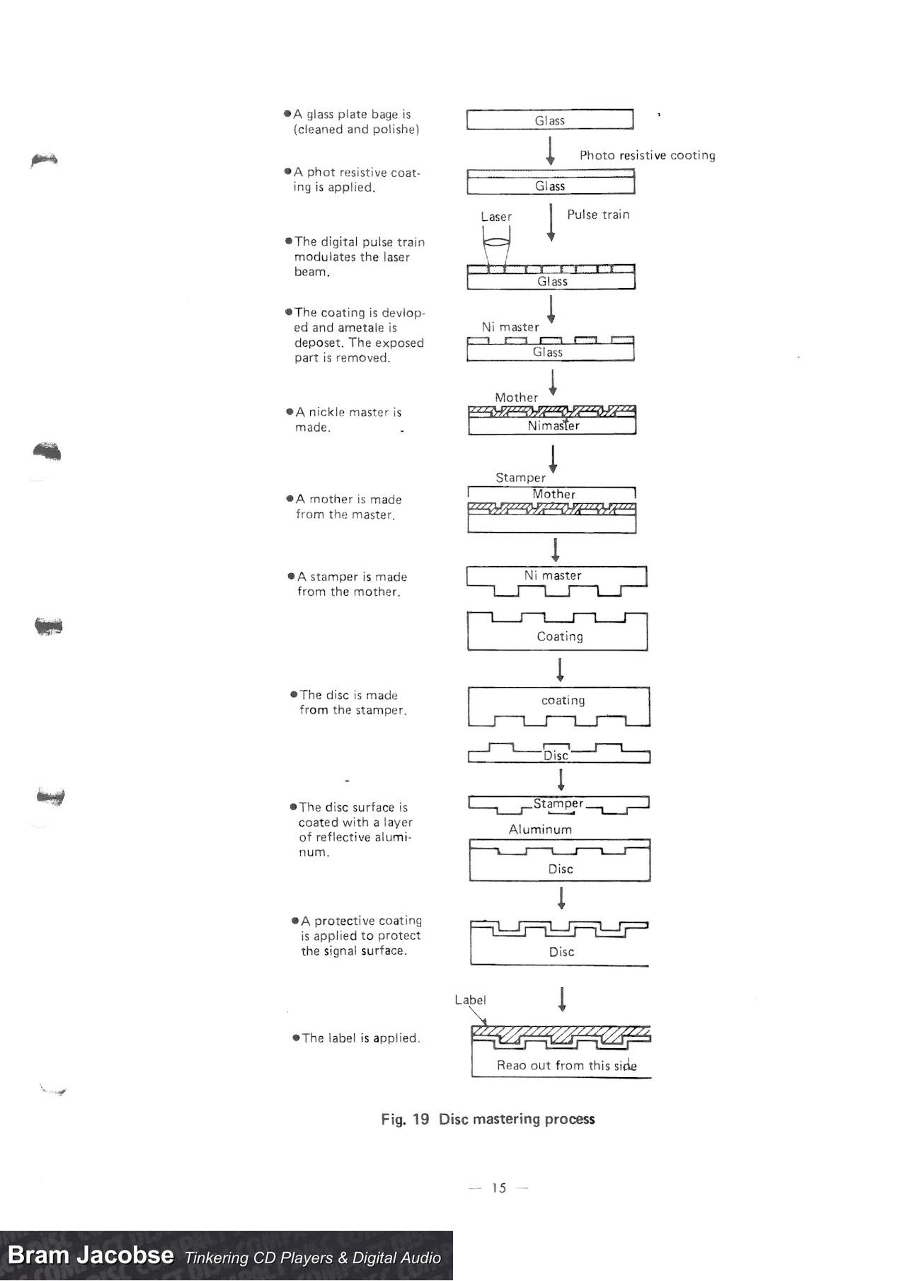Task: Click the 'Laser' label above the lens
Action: coord(495,217)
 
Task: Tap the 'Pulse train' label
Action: coord(598,214)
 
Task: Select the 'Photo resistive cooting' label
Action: coord(647,155)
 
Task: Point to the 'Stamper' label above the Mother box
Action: coord(520,478)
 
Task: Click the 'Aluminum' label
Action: coord(540,829)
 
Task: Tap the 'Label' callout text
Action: coord(470,1000)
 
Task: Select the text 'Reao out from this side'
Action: coord(566,1065)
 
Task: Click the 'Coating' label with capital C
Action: coord(560,636)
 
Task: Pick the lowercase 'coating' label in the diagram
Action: coord(563,700)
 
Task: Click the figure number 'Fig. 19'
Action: coord(405,1119)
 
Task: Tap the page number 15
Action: coord(499,1188)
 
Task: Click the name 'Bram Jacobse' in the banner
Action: coord(91,1255)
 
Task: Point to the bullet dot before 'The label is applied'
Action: coord(296,1038)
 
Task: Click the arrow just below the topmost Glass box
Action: coord(551,150)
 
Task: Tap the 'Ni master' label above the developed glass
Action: coord(510,327)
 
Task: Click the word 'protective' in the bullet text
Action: coord(345,921)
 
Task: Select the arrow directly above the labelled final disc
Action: coord(562,999)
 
